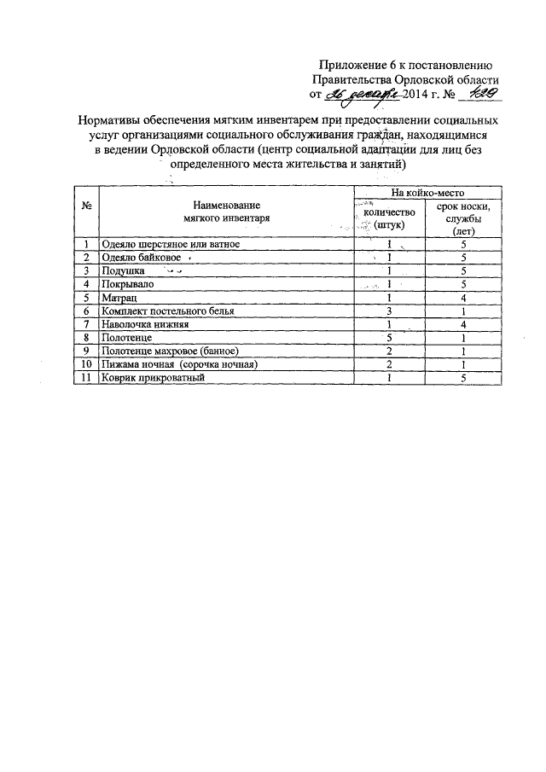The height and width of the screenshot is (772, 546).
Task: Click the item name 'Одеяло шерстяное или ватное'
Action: tap(171, 244)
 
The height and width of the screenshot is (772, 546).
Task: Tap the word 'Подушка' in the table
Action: tap(123, 270)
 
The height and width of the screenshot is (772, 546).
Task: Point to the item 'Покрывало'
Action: tap(126, 284)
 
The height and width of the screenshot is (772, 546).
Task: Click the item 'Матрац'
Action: tap(119, 298)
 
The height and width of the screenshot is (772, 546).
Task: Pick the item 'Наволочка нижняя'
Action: tap(144, 325)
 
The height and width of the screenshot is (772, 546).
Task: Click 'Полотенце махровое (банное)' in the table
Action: tap(169, 351)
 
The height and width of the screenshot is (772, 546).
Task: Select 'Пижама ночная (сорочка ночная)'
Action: tap(178, 364)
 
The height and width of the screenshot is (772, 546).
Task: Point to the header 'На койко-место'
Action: tap(427, 194)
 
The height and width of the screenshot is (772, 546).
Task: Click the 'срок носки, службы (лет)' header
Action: tap(463, 218)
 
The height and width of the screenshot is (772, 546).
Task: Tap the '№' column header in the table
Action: tap(86, 206)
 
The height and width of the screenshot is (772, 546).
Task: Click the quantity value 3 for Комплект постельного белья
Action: tap(389, 311)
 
